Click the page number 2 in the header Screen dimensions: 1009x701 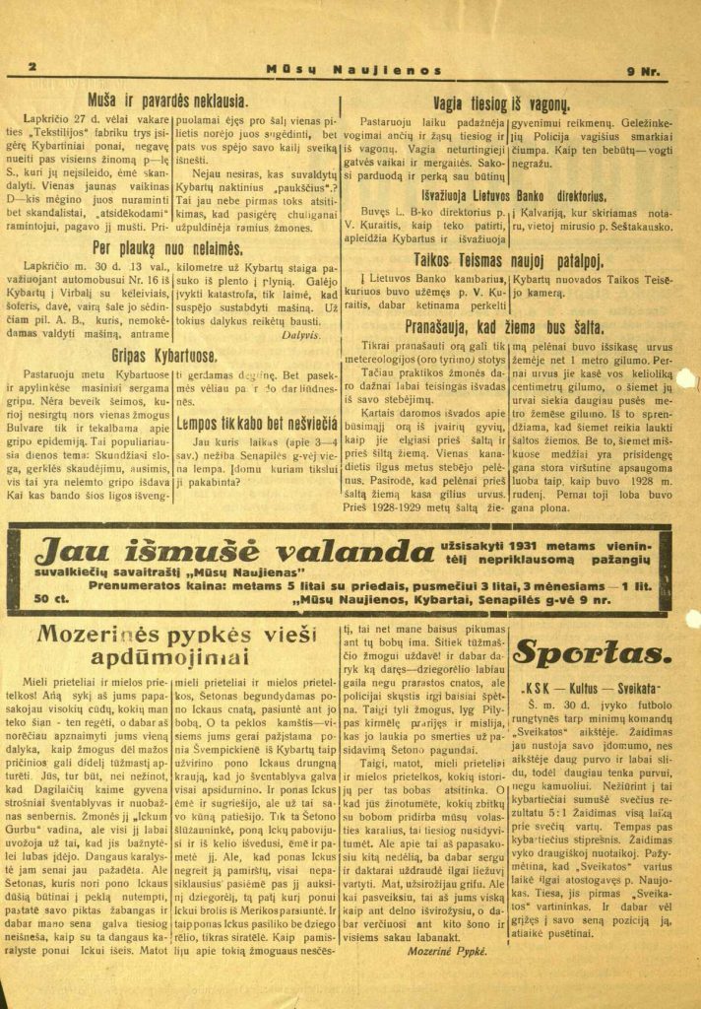[32, 67]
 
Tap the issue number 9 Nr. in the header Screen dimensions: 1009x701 [645, 70]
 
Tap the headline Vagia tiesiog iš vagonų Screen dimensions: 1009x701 [502, 101]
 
